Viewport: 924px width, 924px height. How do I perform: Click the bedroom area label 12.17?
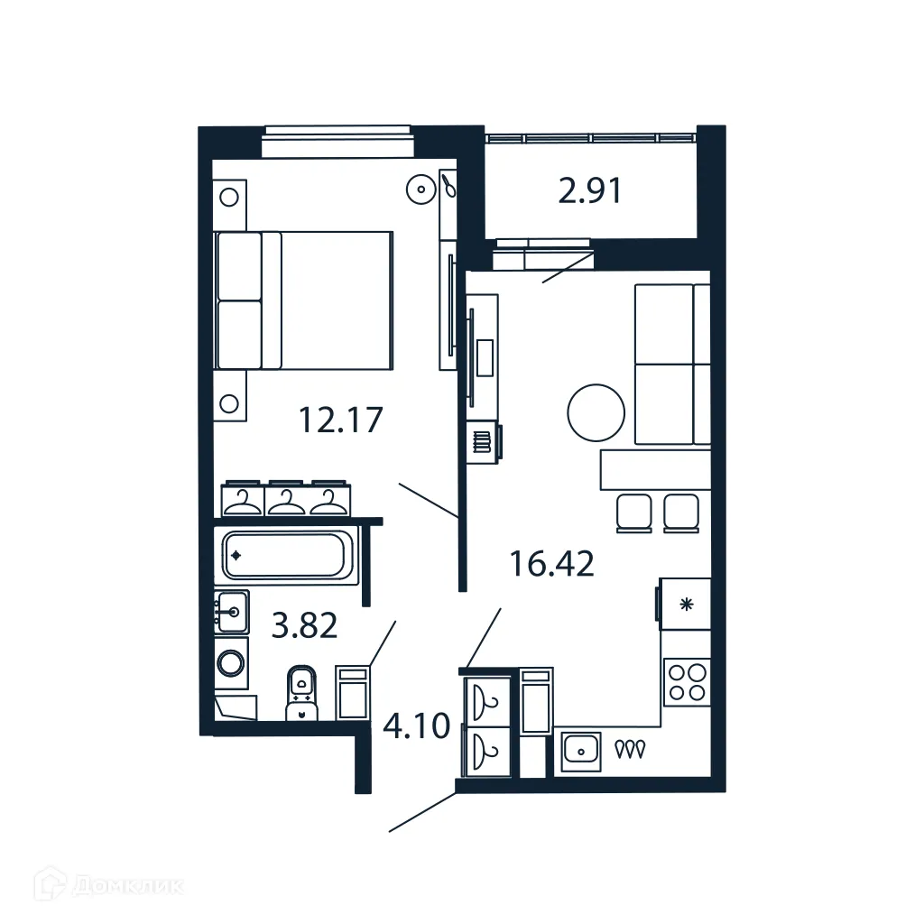tap(342, 420)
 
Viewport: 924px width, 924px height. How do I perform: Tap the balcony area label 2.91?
tap(590, 191)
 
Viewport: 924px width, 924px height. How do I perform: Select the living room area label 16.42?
tap(551, 564)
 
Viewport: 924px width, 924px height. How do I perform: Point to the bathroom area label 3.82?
tap(304, 624)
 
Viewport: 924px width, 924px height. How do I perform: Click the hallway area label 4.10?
tap(416, 725)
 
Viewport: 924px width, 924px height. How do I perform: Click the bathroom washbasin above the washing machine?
tap(232, 612)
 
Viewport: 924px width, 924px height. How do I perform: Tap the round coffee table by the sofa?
tap(596, 412)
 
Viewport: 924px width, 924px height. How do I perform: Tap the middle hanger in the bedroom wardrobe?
tap(287, 499)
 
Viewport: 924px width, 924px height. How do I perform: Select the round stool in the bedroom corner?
tap(420, 189)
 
